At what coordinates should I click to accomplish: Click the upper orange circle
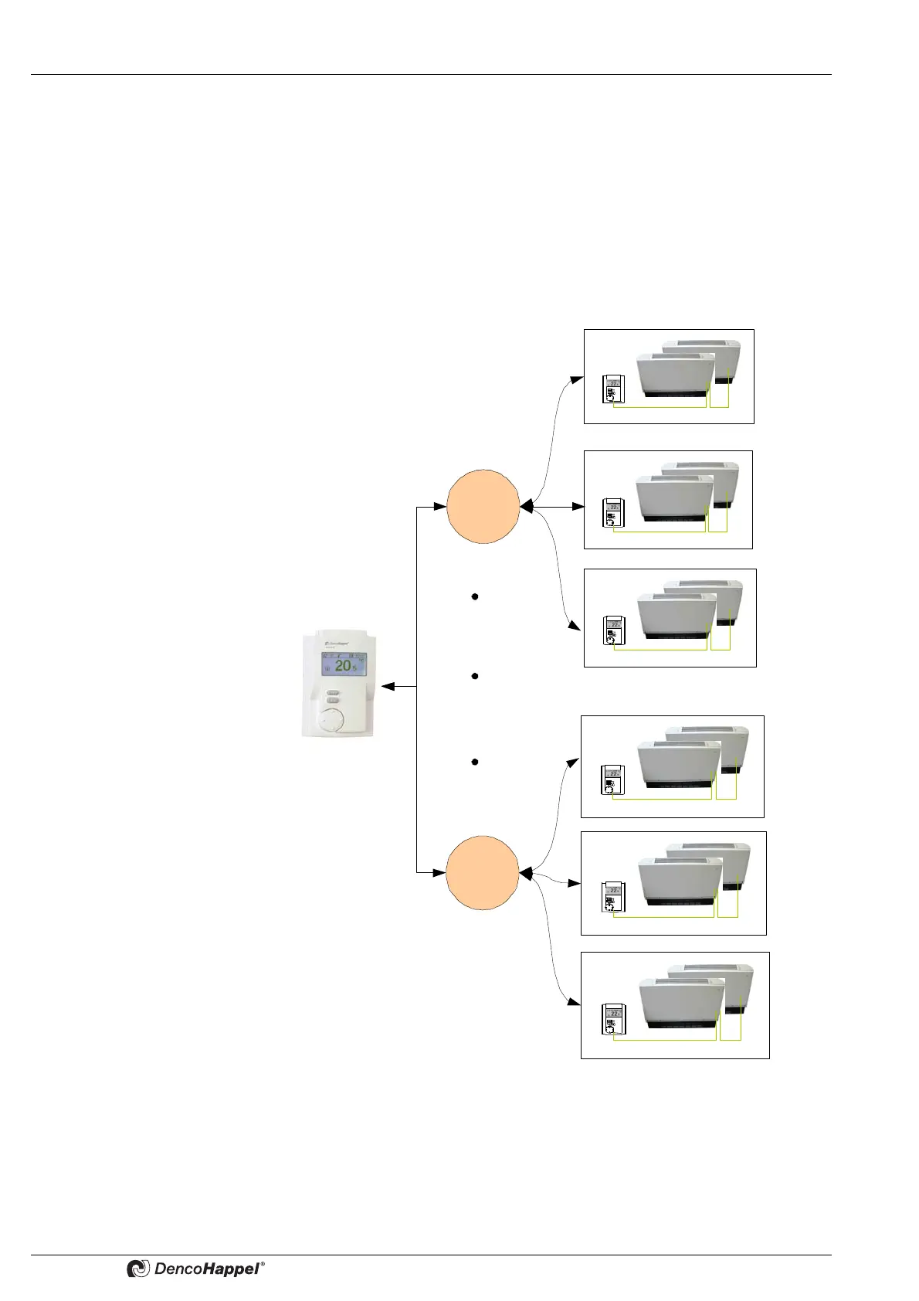pos(483,506)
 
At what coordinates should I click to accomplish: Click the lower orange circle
pos(483,872)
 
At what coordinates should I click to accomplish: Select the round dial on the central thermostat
pos(333,719)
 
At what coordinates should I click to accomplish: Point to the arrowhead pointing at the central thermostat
pos(388,686)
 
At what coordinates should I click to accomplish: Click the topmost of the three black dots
pos(475,597)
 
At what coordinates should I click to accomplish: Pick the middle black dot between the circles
pos(475,676)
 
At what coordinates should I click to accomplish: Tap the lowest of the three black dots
pos(475,763)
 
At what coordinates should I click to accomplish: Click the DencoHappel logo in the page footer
pos(196,1269)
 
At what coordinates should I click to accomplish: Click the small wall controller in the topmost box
pos(613,390)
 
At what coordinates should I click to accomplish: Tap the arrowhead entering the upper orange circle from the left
pos(441,507)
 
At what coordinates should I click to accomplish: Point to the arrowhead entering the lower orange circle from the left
pos(441,873)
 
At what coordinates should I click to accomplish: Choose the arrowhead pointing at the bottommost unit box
pos(574,1003)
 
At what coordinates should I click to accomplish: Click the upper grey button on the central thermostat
pos(333,693)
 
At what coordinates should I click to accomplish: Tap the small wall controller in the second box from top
pos(613,514)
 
